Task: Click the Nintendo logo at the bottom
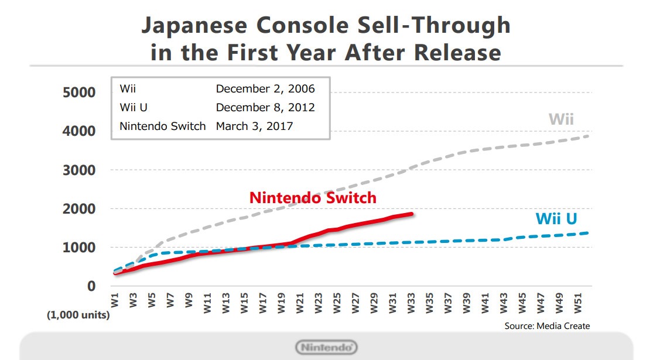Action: (x=326, y=347)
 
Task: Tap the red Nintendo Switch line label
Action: (x=313, y=197)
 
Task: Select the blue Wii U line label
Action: (x=556, y=219)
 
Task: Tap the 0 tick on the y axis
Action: (x=91, y=286)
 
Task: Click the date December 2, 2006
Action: (x=265, y=89)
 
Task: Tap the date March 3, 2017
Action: (x=255, y=126)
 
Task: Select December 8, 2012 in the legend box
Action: (x=265, y=108)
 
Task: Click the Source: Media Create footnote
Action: (x=547, y=326)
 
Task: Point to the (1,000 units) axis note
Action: (x=78, y=315)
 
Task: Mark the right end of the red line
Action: (x=412, y=214)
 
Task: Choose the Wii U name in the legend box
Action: (x=133, y=108)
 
